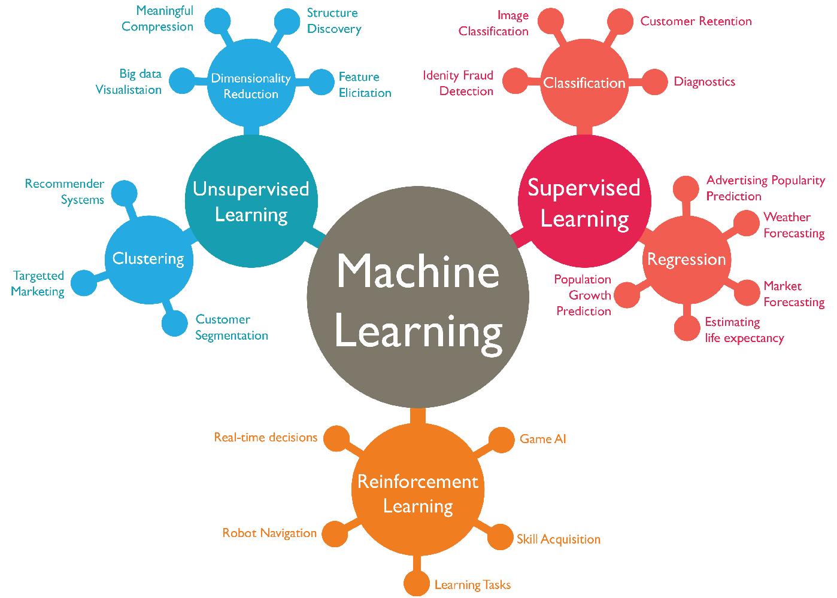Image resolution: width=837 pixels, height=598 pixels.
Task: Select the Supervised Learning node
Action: (x=584, y=202)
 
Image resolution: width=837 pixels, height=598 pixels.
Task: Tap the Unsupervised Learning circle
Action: (x=251, y=202)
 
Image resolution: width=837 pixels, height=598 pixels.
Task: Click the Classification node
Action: (x=584, y=83)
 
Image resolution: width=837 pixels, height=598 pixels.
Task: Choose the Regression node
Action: (x=686, y=260)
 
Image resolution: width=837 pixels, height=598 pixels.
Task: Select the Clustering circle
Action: (x=148, y=259)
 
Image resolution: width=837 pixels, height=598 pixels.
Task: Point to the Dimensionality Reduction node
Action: (x=251, y=86)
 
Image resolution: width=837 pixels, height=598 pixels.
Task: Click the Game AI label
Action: (x=542, y=439)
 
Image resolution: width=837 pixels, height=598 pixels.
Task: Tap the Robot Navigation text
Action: (x=269, y=533)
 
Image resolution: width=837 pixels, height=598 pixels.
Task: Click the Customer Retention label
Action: (x=696, y=22)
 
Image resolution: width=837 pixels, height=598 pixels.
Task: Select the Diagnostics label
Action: (x=704, y=82)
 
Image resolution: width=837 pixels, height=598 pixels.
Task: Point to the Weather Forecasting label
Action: (x=793, y=225)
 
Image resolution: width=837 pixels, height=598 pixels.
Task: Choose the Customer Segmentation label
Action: (x=231, y=328)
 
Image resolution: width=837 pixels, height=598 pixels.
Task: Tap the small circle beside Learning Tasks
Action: (x=416, y=584)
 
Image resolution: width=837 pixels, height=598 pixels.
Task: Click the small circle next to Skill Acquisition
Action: (x=500, y=537)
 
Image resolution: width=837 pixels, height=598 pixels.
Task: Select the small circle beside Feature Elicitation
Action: (x=322, y=83)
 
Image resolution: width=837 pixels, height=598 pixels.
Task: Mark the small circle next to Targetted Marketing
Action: (x=84, y=283)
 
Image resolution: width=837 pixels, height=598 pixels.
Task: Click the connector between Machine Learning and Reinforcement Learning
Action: (x=418, y=416)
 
